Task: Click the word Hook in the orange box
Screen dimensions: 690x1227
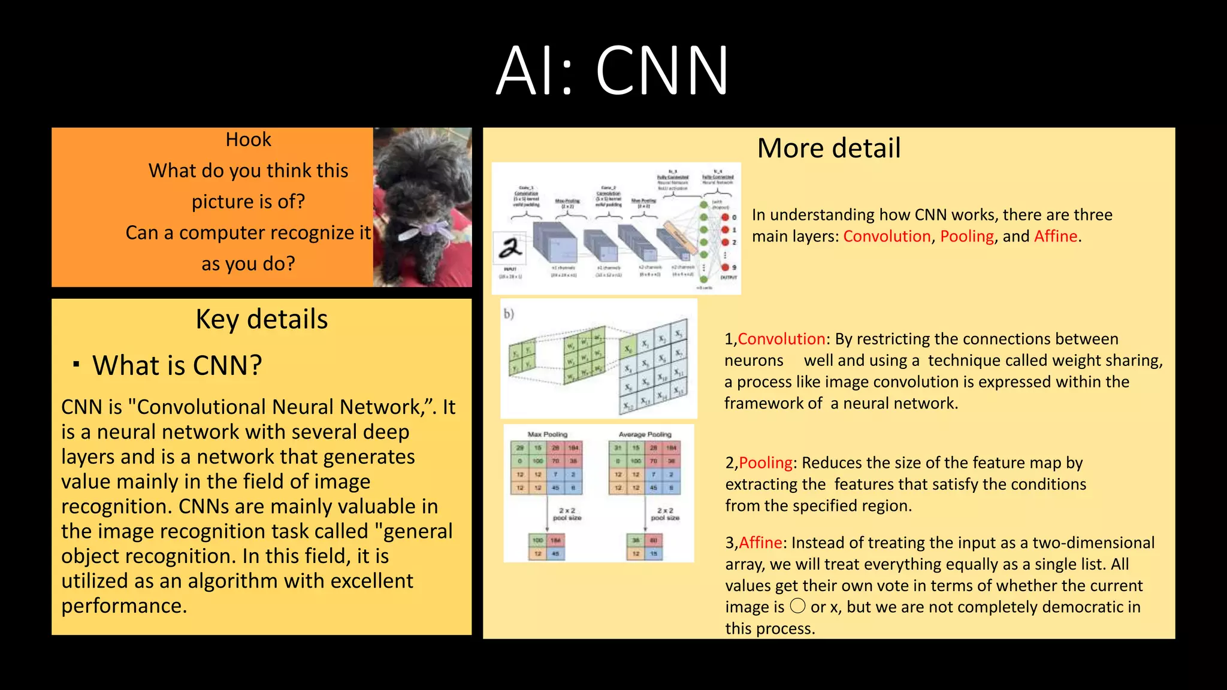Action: (248, 140)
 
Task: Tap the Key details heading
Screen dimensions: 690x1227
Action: (261, 319)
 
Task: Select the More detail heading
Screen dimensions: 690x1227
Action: (829, 148)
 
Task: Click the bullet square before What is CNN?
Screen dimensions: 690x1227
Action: (76, 364)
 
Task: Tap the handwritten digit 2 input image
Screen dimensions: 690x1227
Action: (509, 248)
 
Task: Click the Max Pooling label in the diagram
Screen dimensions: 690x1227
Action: (547, 434)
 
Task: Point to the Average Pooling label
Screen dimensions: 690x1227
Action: (645, 434)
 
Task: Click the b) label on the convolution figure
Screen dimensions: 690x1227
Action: (509, 313)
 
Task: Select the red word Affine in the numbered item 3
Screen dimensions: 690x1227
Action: (760, 543)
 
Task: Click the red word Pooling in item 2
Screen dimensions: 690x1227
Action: (766, 462)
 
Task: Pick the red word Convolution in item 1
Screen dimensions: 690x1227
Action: (781, 339)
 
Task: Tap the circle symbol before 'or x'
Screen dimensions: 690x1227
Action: (797, 606)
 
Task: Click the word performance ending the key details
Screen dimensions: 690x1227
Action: (123, 606)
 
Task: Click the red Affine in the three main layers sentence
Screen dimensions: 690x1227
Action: (1056, 236)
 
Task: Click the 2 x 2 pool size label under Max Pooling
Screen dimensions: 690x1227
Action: (567, 514)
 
